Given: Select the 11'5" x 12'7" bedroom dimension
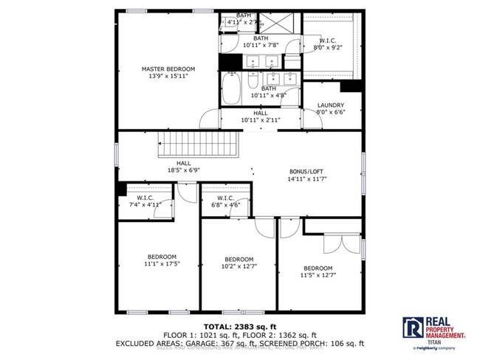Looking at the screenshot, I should pyautogui.click(x=318, y=275).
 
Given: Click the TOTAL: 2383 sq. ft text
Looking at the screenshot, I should pyautogui.click(x=239, y=325).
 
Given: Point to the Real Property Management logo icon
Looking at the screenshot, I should pyautogui.click(x=412, y=328).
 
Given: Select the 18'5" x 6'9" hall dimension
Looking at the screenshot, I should pyautogui.click(x=183, y=170).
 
